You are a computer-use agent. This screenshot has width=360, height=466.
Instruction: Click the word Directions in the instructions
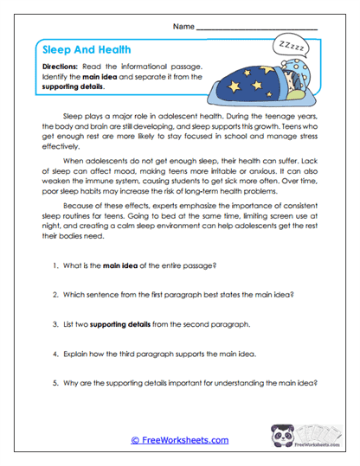(61, 67)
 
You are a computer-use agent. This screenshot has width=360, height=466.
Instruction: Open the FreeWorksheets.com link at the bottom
(179, 440)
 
